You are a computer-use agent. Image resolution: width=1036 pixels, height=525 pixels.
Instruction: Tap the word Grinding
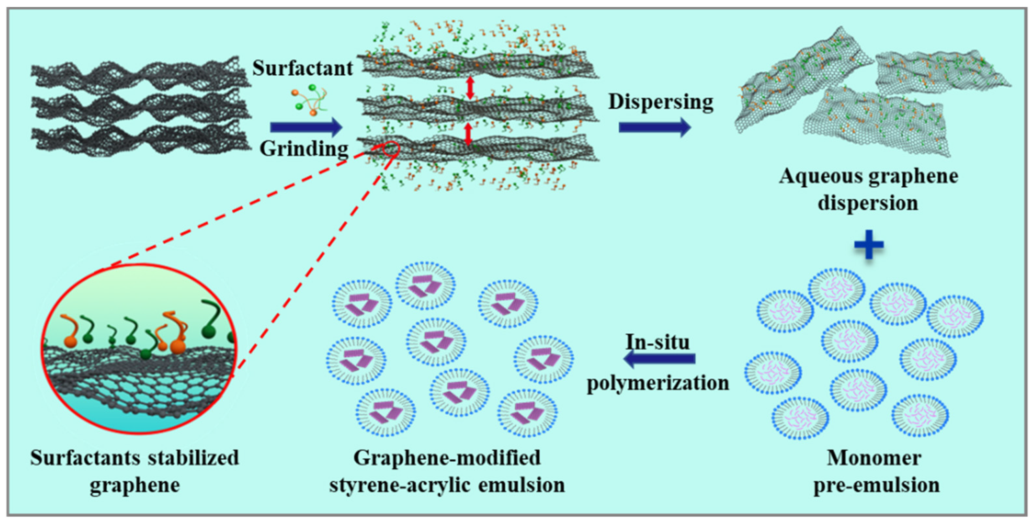[x=303, y=149]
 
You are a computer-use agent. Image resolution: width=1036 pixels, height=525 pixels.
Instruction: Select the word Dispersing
[x=660, y=101]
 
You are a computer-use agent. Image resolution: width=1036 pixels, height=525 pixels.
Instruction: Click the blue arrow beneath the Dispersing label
[x=654, y=128]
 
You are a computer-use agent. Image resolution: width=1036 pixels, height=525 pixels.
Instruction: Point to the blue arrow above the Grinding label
[x=306, y=128]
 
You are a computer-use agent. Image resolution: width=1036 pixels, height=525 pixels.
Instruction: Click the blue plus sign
[x=869, y=244]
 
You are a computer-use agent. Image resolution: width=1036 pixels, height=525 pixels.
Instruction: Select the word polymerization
[x=658, y=382]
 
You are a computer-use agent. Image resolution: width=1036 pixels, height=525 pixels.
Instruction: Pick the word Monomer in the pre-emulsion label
[x=874, y=458]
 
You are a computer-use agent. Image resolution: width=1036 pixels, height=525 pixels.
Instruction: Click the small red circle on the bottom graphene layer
[x=391, y=148]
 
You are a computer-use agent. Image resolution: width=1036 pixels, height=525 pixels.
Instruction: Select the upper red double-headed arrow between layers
[x=470, y=88]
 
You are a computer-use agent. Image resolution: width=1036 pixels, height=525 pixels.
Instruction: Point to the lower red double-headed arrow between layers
[x=468, y=134]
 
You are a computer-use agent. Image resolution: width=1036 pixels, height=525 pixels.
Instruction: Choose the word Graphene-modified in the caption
[x=447, y=458]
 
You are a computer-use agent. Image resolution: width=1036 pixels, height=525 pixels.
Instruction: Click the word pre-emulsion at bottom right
[x=877, y=485]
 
